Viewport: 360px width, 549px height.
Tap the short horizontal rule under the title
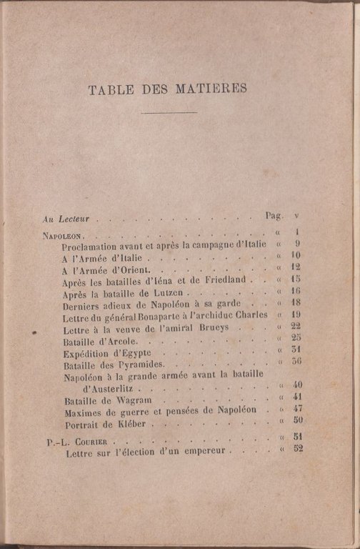tap(169, 113)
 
